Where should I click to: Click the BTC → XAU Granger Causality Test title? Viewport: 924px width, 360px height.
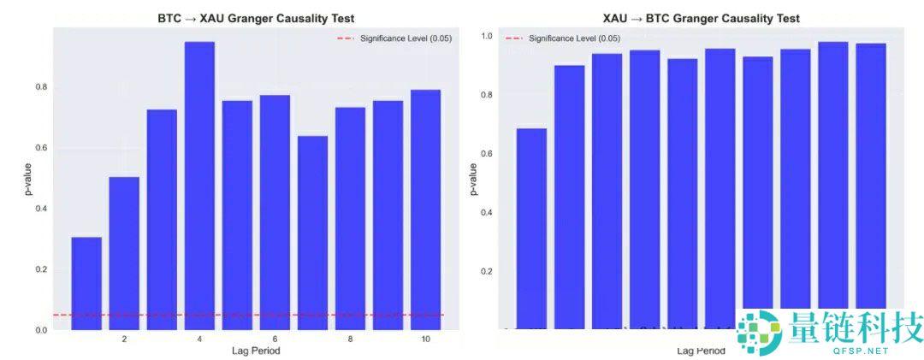point(257,18)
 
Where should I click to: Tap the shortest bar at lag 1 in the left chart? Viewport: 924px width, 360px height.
point(86,283)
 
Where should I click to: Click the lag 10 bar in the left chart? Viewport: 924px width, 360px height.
point(425,210)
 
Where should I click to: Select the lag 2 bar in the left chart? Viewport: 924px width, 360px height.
point(124,253)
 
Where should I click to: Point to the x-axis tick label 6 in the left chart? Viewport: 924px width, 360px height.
point(275,339)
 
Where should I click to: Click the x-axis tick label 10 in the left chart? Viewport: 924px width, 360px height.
point(425,339)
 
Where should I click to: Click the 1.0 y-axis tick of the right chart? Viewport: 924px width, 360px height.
point(487,37)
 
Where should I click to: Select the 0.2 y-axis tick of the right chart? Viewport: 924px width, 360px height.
point(487,271)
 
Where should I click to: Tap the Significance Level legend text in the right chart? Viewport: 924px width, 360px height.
point(574,38)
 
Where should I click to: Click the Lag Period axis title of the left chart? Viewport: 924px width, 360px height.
point(256,351)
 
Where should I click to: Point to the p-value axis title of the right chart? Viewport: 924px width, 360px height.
point(473,180)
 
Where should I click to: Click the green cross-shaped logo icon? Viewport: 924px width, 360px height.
point(760,331)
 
